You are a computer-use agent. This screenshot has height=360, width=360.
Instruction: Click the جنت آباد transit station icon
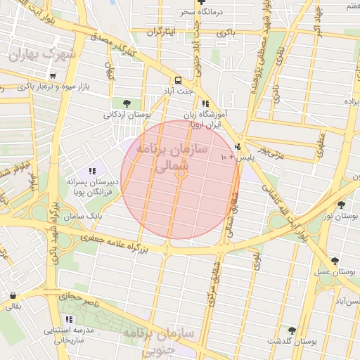[178, 80]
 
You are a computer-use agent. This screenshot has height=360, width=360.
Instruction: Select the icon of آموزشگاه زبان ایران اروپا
[205, 103]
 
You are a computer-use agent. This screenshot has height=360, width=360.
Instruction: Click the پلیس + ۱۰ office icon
[238, 147]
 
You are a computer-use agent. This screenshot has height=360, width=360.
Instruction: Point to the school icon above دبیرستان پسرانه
[92, 171]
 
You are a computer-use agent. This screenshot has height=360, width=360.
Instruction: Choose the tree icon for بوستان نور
[341, 205]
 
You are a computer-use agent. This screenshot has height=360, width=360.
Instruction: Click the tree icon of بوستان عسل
[334, 260]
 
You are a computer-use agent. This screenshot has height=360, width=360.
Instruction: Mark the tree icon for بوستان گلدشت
[292, 330]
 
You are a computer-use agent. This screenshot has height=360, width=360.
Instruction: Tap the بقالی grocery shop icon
[13, 295]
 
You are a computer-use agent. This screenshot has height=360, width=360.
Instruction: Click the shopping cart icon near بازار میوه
[53, 75]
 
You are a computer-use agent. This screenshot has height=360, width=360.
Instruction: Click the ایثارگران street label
[160, 33]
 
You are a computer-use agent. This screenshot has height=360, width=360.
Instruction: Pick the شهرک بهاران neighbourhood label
[46, 54]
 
